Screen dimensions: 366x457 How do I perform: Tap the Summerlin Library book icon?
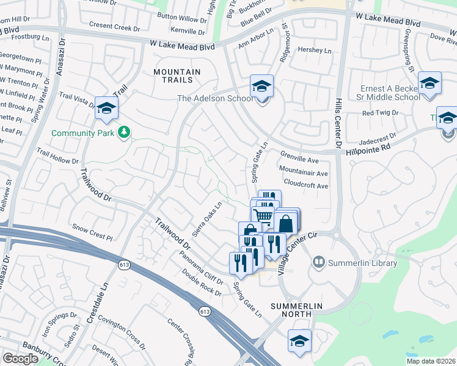318,263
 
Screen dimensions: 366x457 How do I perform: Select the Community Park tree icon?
125,132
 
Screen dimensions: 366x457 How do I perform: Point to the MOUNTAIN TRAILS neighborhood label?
177,76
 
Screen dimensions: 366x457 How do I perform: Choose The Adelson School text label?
214,98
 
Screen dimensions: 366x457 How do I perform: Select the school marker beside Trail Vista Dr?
107,109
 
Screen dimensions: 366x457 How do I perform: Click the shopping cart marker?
263,215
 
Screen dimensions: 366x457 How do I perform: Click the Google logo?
20,359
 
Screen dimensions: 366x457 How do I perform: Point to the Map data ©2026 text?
431,361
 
